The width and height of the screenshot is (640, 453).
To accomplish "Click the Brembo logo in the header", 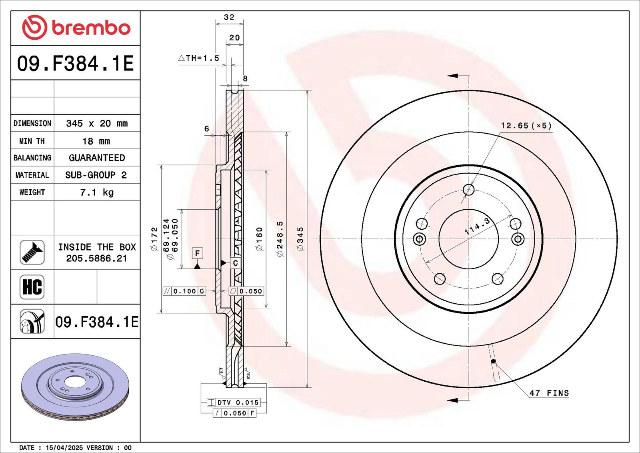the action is pos(76,28).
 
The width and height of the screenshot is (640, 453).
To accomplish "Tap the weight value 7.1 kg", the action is pos(97,192).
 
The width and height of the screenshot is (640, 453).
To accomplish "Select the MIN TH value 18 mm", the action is pos(96,141).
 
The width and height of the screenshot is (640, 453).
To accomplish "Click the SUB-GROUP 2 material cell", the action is pos(96,175).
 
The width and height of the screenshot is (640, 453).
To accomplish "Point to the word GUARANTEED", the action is pos(97,158).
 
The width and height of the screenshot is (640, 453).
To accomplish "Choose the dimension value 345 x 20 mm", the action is pos(97,124).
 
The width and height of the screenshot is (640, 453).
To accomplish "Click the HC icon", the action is pos(32,287).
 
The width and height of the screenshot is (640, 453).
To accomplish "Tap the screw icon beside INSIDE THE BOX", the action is pos(32,253).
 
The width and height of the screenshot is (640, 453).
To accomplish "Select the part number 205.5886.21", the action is pos(96,259).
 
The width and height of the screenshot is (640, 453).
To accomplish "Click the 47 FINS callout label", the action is pos(549,393).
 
